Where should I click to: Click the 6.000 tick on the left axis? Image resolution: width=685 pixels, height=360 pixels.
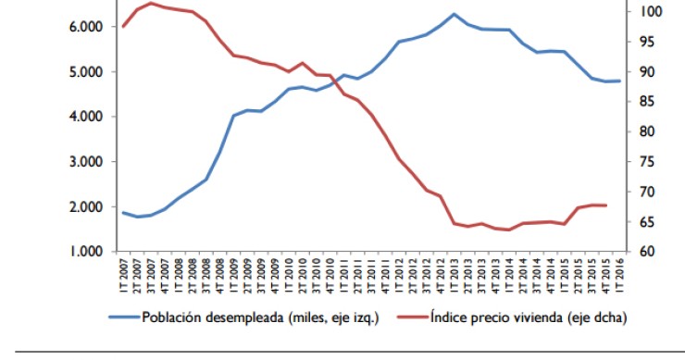tap(85, 27)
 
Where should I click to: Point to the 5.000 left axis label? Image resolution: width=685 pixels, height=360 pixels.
tap(85, 72)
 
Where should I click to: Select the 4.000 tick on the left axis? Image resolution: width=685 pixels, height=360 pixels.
tap(85, 117)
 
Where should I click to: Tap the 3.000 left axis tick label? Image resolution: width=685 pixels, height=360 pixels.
tap(85, 162)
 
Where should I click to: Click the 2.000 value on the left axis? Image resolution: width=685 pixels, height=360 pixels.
tap(85, 206)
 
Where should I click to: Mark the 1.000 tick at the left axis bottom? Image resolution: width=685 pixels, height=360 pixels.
tap(85, 252)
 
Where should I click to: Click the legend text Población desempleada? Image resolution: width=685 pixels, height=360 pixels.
tap(260, 318)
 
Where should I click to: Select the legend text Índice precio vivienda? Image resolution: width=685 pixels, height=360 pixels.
tap(529, 318)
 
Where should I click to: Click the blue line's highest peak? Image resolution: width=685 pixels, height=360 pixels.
tap(454, 14)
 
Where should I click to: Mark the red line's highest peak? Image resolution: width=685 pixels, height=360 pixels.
tap(151, 3)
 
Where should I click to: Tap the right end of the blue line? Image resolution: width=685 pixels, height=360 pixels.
tap(618, 81)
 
